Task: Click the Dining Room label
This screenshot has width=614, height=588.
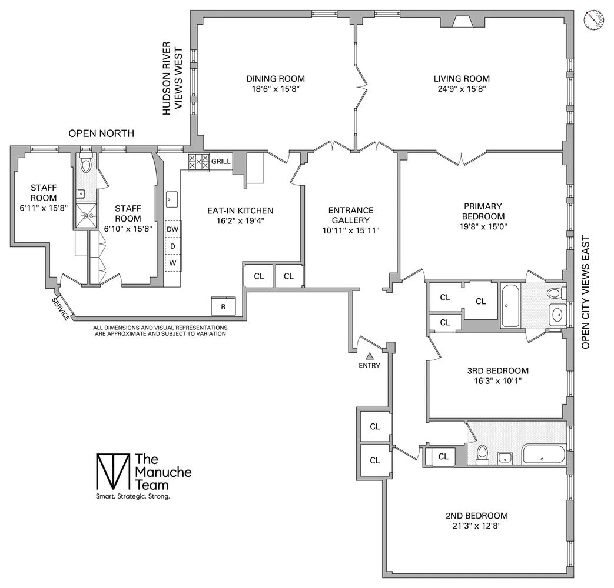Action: coord(276,79)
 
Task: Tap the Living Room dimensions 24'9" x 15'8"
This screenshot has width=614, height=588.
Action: coord(462,89)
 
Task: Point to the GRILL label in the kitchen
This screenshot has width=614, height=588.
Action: coord(221,161)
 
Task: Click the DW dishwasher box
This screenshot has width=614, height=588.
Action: coord(172,229)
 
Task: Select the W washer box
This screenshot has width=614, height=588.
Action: coord(172,263)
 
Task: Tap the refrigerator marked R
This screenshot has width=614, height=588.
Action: coord(223,306)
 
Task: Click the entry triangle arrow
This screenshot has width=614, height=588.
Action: coord(370,355)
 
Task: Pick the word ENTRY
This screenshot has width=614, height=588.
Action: coord(370,365)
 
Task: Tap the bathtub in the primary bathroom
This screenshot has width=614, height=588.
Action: coord(509,306)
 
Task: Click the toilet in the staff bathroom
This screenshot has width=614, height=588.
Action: coord(86,165)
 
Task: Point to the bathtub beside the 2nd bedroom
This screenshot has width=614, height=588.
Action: coord(543,454)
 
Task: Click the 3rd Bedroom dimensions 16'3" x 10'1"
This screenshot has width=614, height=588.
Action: coord(498,380)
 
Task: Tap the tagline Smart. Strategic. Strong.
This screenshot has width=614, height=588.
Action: coord(132,497)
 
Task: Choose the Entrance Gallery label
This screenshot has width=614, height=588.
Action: coord(351,220)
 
